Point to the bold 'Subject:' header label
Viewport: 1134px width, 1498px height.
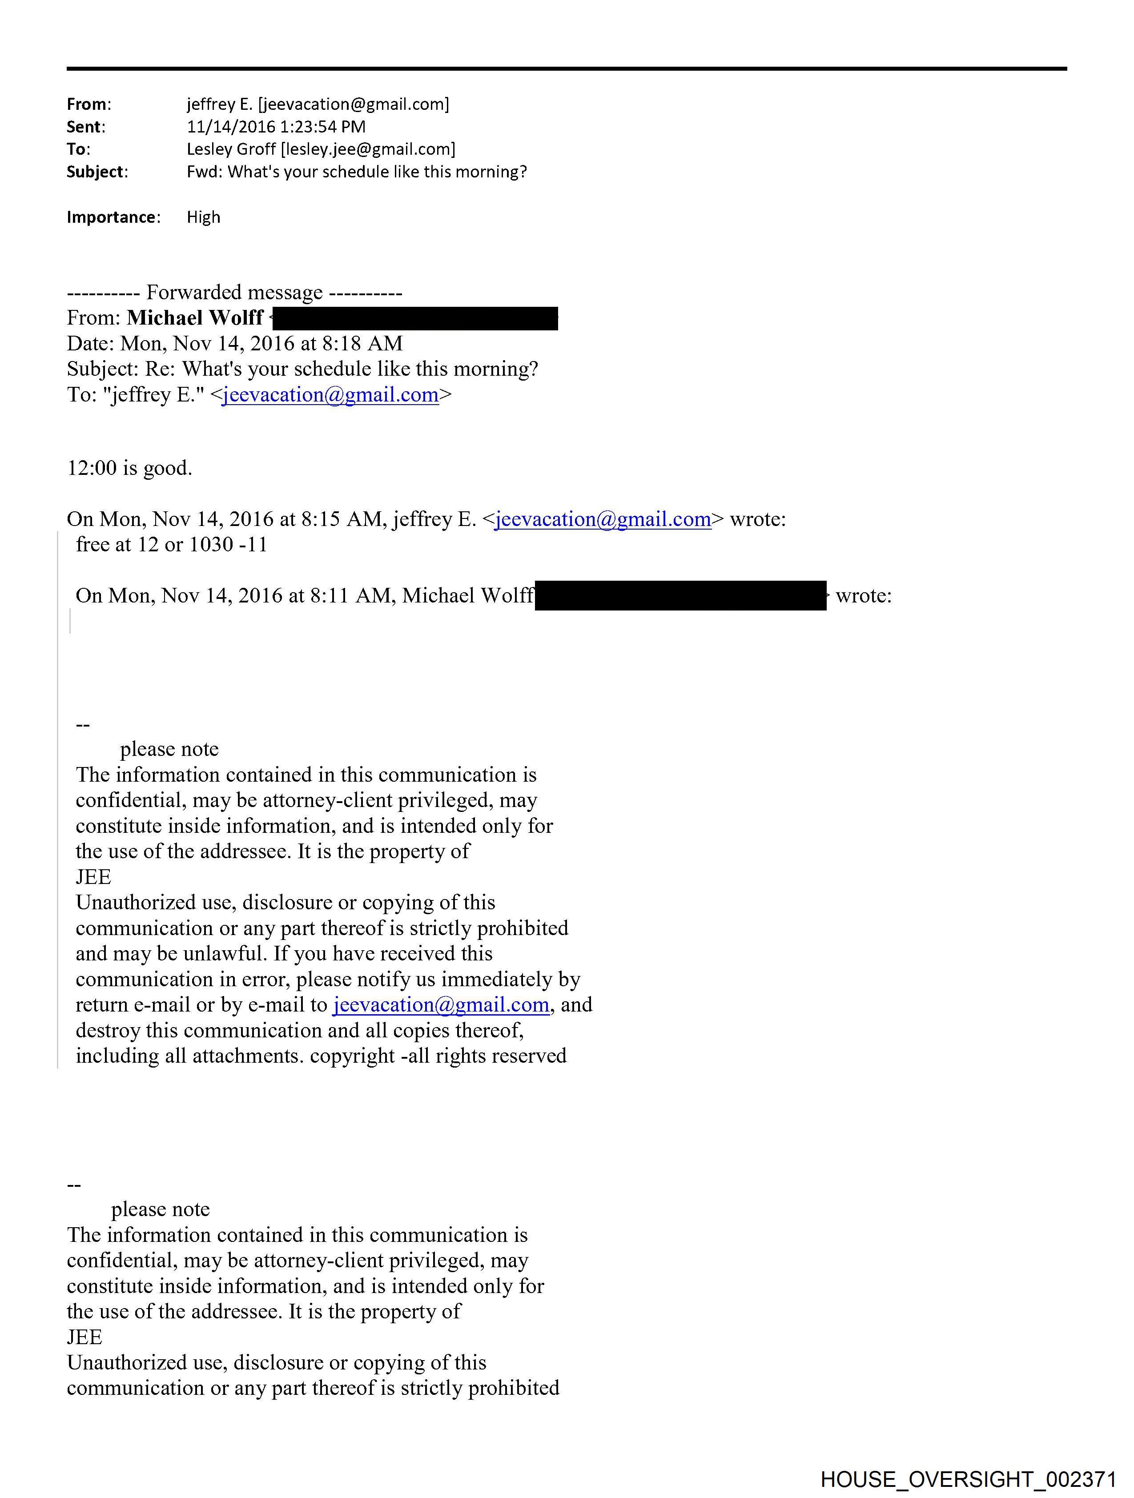96,172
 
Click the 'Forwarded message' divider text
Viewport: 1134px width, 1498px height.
234,293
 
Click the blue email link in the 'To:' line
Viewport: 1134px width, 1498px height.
330,395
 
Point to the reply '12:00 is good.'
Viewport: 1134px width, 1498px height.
129,468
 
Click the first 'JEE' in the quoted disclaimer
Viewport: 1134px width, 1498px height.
93,877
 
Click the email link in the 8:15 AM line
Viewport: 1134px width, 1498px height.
603,519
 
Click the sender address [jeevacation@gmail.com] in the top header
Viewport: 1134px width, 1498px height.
354,104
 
